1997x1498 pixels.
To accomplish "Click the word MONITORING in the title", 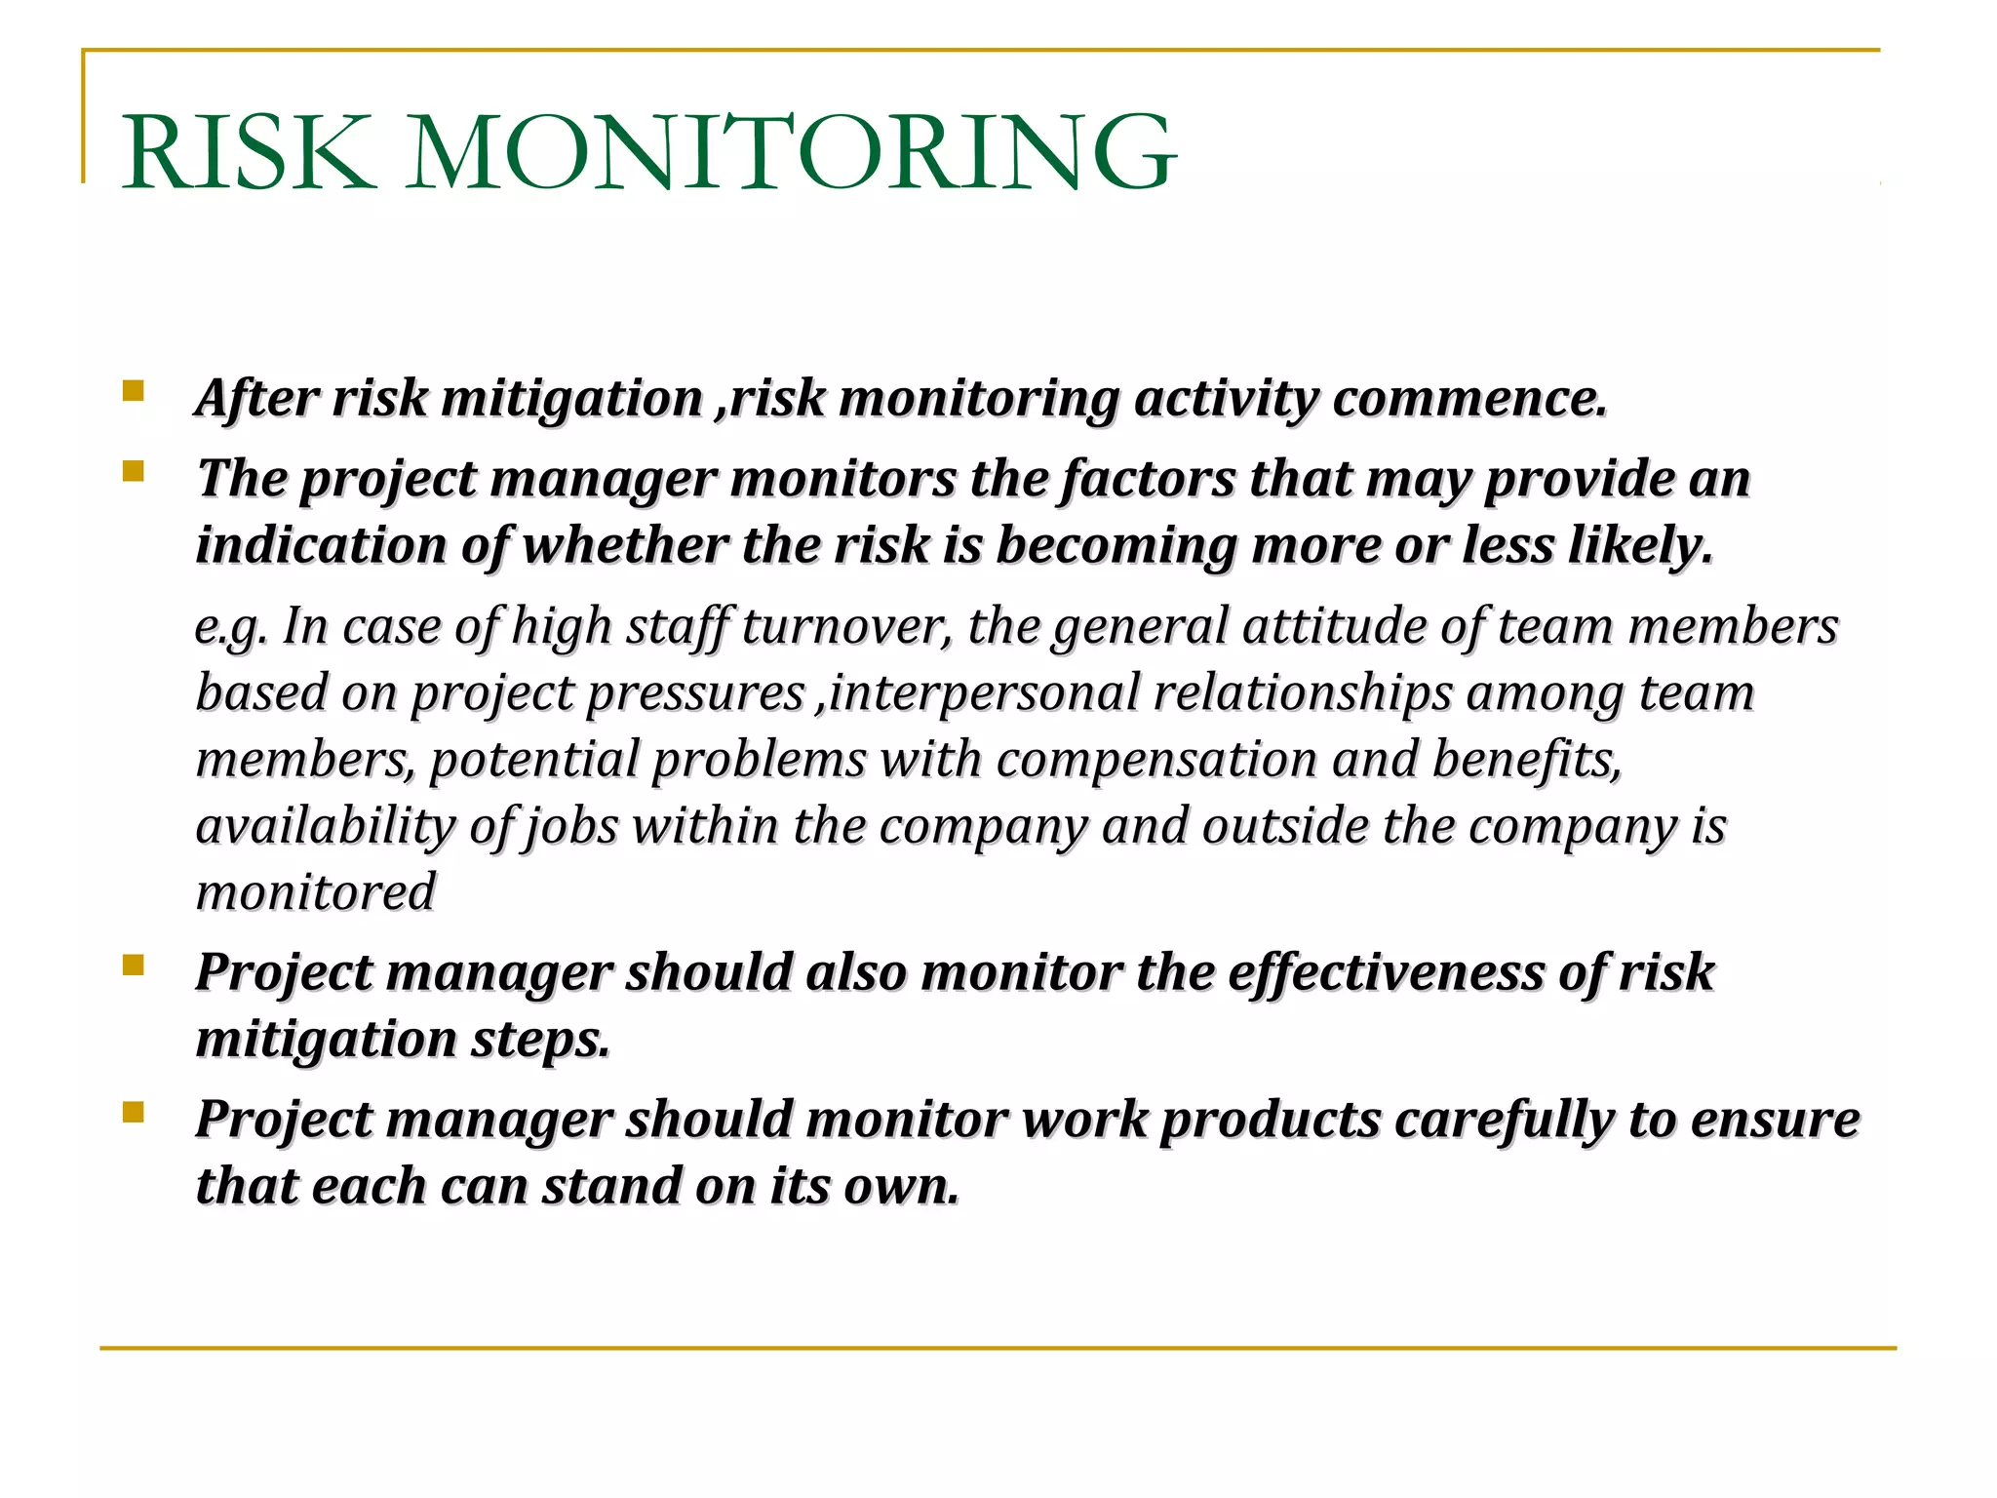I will click(790, 153).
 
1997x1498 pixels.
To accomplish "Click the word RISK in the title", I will click(249, 153).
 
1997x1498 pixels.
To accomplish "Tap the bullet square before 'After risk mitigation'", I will click(134, 392).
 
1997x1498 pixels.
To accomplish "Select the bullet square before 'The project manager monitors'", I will click(134, 473).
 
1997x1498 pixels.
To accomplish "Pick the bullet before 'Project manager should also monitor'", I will click(134, 966).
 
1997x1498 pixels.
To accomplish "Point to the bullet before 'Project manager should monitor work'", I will click(134, 1113).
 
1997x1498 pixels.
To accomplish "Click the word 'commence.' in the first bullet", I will click(1469, 399).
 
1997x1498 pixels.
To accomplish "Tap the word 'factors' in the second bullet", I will click(1147, 480).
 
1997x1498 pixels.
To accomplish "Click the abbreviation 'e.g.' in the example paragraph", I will click(230, 627).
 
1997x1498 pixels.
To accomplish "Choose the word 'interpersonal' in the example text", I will click(984, 693).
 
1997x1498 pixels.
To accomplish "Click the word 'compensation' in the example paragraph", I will click(1156, 760).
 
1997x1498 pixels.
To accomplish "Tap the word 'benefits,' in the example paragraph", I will click(1527, 760).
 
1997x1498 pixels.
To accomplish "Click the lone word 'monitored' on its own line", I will click(315, 892).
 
